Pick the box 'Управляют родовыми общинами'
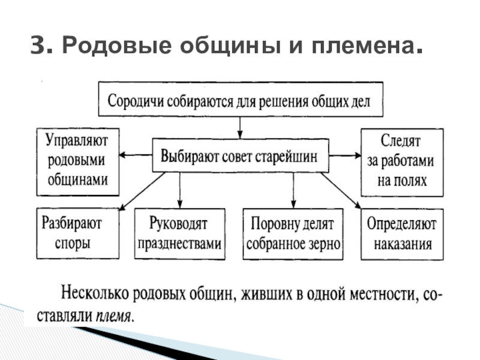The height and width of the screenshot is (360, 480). (78, 161)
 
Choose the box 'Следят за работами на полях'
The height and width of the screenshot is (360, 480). (402, 161)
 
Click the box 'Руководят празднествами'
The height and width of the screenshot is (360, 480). (180, 234)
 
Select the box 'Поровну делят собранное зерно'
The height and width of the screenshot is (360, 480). (293, 234)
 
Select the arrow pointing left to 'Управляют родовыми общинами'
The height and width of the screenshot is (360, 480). (136, 155)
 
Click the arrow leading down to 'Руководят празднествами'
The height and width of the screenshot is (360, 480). (180, 190)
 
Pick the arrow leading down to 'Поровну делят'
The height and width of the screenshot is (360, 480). (293, 190)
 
